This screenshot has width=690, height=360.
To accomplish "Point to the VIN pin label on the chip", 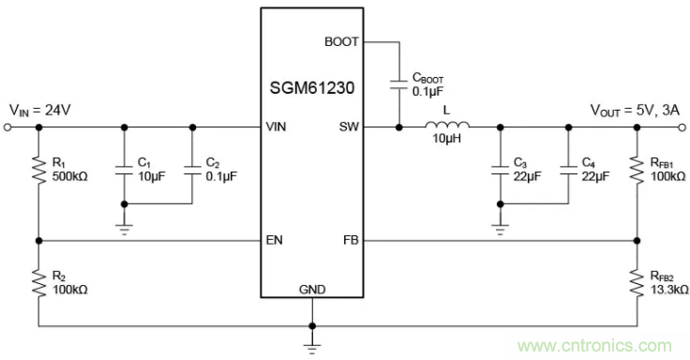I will pos(277,127).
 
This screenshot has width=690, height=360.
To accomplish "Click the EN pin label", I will pos(275,240).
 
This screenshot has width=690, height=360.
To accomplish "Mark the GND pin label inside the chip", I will pos(312,290).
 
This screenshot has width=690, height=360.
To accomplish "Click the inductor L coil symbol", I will pos(446,127).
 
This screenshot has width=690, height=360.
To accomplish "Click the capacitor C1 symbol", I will pos(124,172).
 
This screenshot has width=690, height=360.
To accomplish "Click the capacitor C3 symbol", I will pos(499,172).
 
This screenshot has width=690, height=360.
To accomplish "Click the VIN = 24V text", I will pos(40,110).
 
